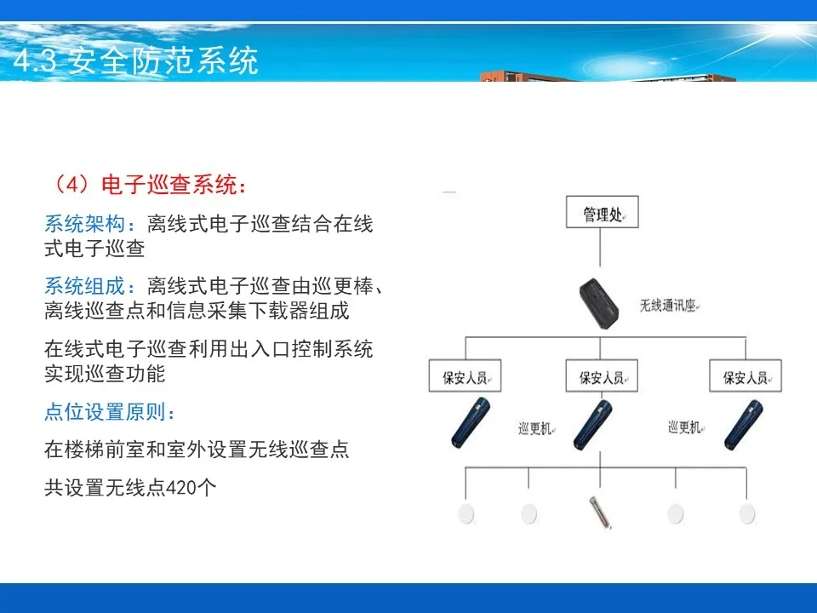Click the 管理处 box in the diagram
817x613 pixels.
602,212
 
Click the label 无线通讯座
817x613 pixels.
668,306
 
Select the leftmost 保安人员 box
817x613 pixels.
465,375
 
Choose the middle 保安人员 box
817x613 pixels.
602,375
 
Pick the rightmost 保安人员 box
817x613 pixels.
746,375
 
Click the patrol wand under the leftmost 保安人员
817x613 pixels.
471,423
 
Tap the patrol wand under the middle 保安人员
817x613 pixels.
593,425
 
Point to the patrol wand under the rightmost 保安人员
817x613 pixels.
744,425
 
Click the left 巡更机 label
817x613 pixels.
534,428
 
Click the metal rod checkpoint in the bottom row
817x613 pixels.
600,513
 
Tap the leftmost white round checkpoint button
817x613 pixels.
466,513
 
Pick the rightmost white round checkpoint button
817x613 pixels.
747,513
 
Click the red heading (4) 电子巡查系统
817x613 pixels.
150,185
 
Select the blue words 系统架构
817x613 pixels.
84,224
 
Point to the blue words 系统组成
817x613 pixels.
84,286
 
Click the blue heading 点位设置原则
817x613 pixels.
105,412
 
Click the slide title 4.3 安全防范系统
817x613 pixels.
135,60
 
